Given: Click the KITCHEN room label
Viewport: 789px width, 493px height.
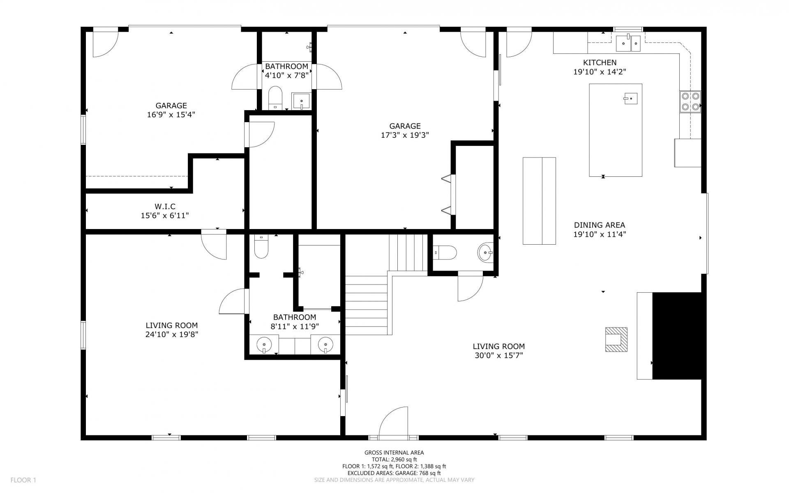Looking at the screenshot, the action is click(600, 62).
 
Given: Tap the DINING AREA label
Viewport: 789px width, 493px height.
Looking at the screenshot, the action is click(600, 225).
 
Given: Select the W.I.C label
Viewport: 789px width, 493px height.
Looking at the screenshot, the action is click(165, 206).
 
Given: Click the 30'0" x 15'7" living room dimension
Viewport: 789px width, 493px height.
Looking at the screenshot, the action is click(498, 356).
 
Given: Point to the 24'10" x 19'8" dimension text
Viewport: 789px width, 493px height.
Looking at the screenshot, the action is click(172, 334).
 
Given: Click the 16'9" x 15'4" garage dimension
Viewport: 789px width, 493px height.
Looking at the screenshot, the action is click(171, 114).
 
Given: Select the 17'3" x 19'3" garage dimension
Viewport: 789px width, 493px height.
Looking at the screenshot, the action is click(405, 135).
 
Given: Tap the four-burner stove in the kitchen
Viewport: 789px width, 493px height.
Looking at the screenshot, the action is click(690, 102).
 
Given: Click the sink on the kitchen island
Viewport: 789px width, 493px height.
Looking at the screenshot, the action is click(630, 98).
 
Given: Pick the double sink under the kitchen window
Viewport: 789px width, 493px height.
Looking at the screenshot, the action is click(628, 43).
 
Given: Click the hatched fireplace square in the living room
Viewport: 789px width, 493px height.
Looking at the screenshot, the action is click(616, 340).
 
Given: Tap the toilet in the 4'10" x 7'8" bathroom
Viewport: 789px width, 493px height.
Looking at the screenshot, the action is click(275, 98).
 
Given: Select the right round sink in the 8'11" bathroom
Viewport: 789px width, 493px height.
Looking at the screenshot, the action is click(325, 344).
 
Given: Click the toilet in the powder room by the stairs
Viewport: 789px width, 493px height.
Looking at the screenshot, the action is click(445, 252).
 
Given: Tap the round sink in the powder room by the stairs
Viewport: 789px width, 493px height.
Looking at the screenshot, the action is click(485, 252).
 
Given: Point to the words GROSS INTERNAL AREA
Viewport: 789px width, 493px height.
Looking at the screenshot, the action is click(394, 453).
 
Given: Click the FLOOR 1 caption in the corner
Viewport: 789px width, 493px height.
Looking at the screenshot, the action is click(23, 480).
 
